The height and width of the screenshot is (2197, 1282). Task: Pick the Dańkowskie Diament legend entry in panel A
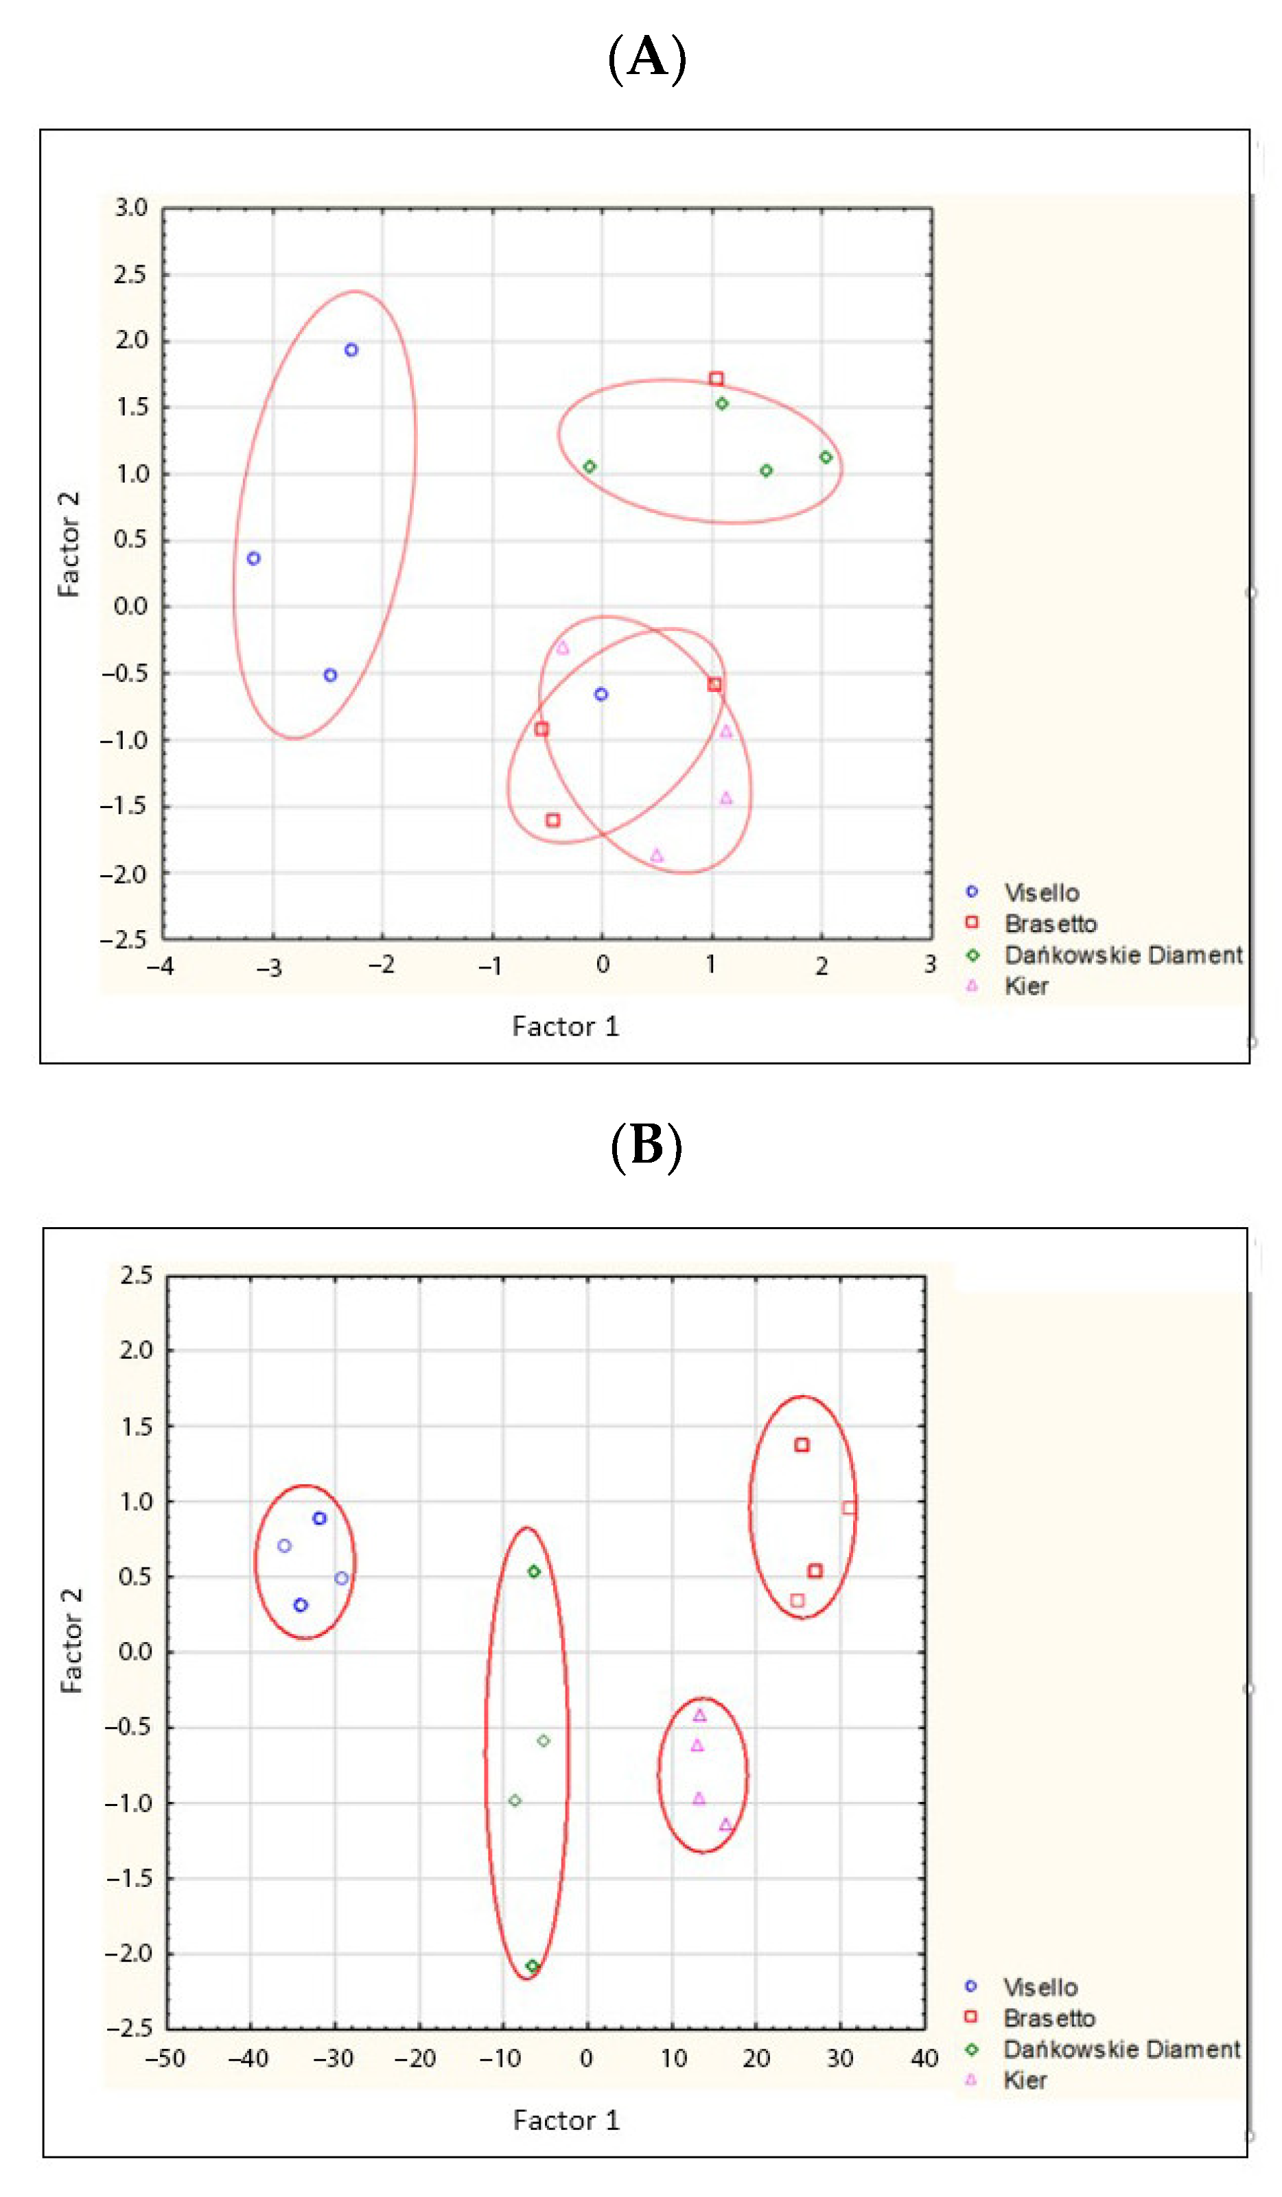1122,955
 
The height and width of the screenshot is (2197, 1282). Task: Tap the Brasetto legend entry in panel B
1048,2017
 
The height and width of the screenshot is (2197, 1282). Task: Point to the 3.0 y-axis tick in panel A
131,208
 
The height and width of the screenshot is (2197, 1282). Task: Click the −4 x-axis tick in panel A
160,965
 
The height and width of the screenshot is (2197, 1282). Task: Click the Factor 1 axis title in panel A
565,1026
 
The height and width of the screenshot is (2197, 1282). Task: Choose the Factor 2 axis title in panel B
71,1640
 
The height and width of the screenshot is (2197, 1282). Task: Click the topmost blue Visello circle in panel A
351,350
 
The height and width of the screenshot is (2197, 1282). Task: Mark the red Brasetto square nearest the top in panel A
716,379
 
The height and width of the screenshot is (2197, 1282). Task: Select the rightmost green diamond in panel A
826,457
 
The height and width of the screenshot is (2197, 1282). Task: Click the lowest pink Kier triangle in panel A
657,855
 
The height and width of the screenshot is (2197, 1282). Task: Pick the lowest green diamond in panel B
532,1966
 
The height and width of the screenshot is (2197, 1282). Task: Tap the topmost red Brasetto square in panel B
802,1445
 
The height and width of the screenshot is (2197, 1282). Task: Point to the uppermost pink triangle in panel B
699,1715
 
